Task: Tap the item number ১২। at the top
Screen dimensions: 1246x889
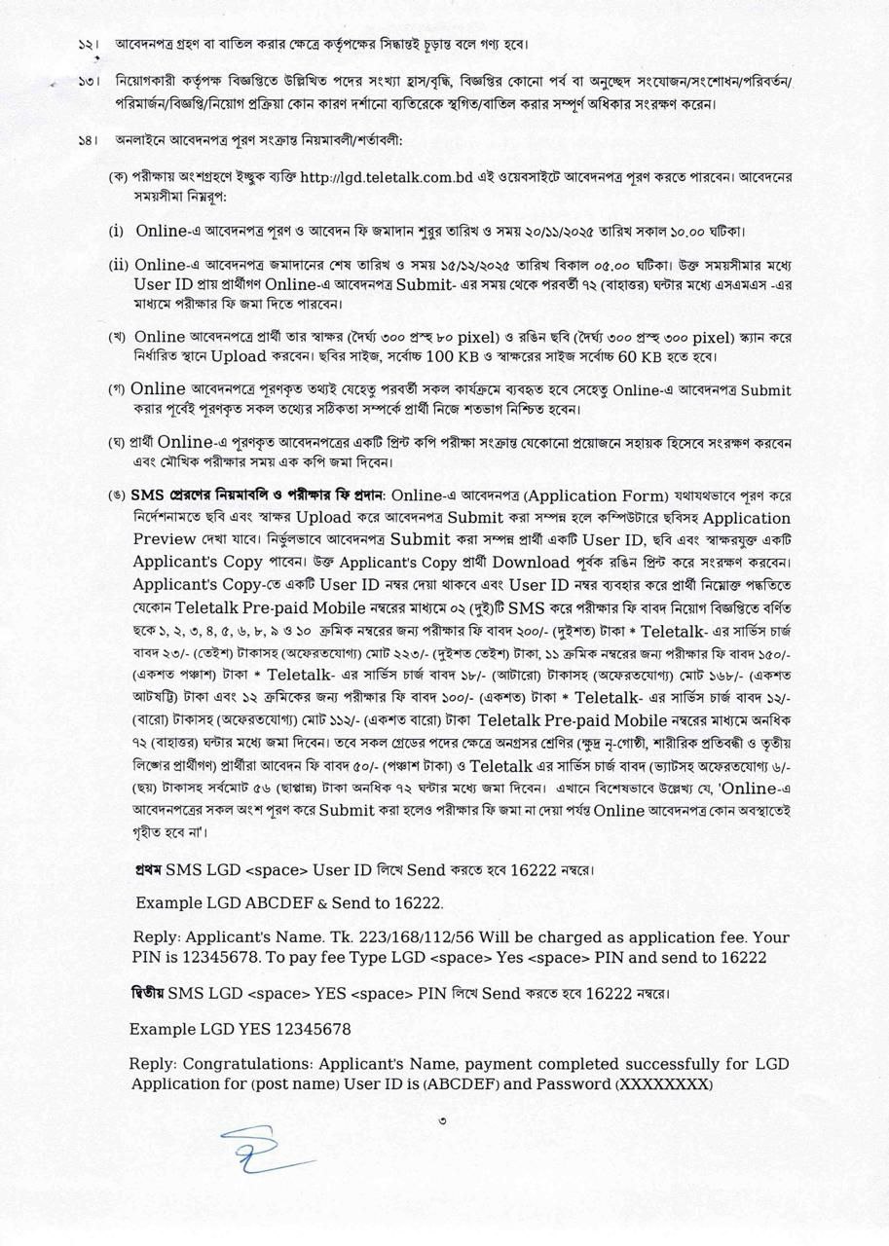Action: pyautogui.click(x=89, y=45)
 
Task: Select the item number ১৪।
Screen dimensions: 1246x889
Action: pyautogui.click(x=89, y=140)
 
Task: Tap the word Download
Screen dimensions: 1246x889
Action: pyautogui.click(x=531, y=563)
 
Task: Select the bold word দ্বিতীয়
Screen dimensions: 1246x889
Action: pyautogui.click(x=148, y=994)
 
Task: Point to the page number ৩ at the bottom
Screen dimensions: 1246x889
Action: pyautogui.click(x=443, y=1120)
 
